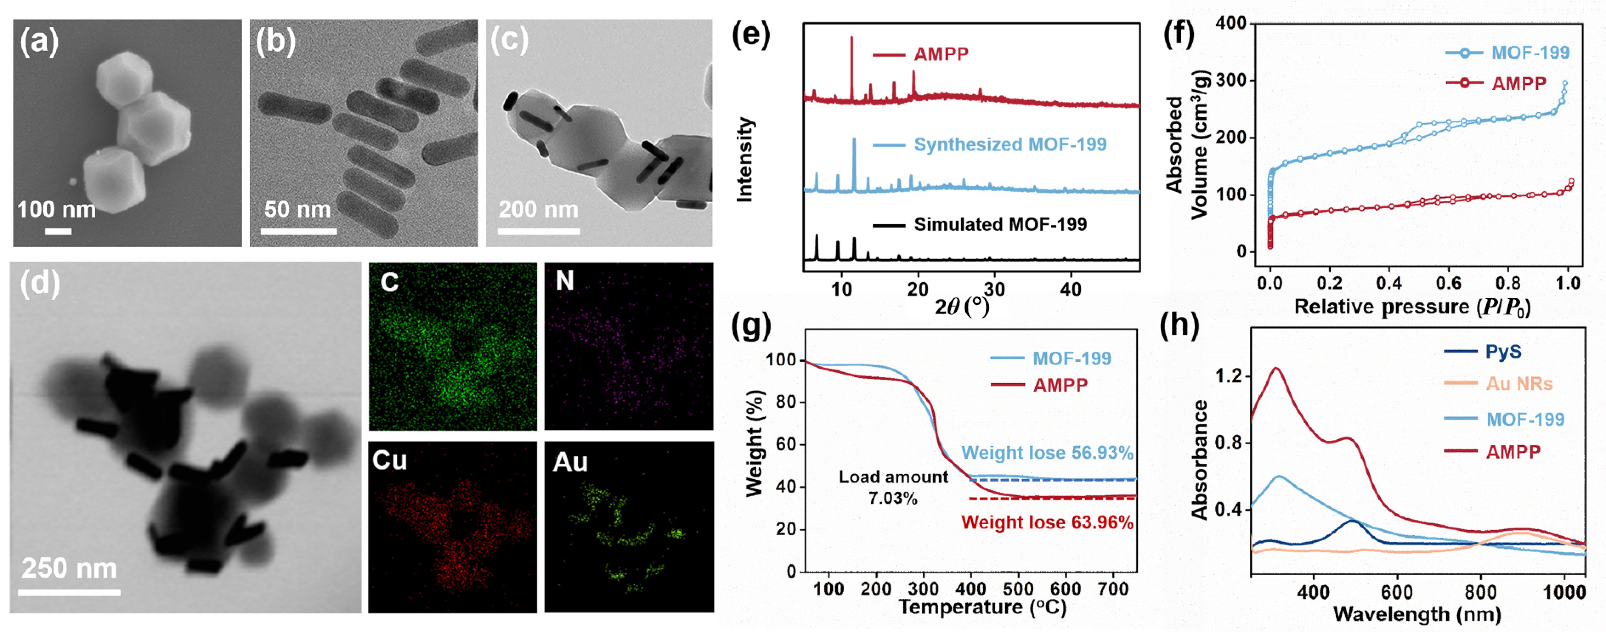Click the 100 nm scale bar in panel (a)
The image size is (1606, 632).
tap(58, 231)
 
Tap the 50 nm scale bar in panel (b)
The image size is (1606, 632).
tap(299, 231)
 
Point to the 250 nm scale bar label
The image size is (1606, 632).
tap(69, 568)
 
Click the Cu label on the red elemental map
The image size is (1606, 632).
tap(390, 460)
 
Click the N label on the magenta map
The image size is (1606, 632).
tap(565, 281)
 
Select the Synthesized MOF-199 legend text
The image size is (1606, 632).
tap(1010, 144)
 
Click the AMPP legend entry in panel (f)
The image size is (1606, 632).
tap(1519, 84)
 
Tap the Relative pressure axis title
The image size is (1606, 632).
tap(1412, 307)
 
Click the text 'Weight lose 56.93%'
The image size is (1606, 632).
tap(1047, 452)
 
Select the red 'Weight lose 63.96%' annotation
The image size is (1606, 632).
tap(1047, 522)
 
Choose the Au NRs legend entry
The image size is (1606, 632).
tap(1519, 384)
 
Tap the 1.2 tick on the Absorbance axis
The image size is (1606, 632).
tap(1228, 376)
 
